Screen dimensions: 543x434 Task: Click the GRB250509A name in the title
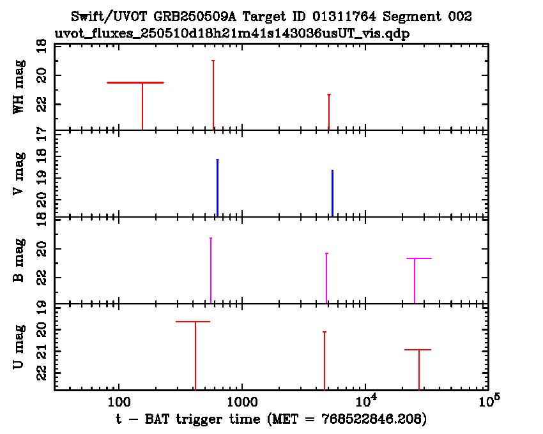pos(195,16)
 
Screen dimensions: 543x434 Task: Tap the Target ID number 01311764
pos(344,16)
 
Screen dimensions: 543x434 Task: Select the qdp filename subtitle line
pos(232,34)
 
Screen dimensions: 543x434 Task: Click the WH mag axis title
pos(19,87)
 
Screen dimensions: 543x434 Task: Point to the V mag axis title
pos(19,173)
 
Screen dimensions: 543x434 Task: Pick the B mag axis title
pos(19,260)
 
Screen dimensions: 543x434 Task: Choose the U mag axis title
pos(19,347)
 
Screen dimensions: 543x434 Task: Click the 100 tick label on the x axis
pos(119,402)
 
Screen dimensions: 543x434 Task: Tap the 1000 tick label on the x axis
pos(242,402)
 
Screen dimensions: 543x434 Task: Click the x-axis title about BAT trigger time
pos(271,419)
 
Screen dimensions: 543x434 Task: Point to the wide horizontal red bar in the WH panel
pos(135,83)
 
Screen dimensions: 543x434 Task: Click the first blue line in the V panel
pos(217,188)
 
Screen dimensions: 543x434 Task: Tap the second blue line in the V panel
pos(332,193)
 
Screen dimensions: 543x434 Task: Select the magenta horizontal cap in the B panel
pos(419,258)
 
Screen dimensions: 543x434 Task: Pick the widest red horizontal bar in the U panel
pos(193,322)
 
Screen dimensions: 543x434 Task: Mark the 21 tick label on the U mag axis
pos(42,352)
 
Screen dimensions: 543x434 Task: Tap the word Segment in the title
pos(412,16)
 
